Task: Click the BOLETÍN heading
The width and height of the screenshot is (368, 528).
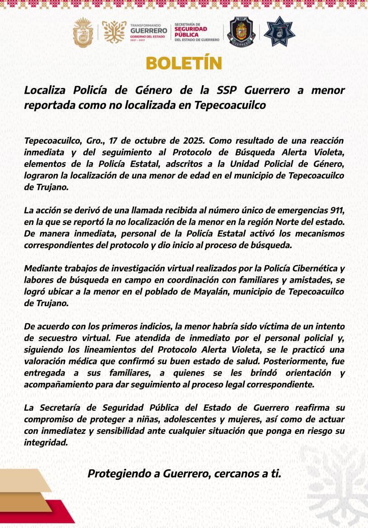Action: click(184, 63)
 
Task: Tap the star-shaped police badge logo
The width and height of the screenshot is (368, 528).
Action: click(279, 32)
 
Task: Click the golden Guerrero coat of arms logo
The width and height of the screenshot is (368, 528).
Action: click(83, 32)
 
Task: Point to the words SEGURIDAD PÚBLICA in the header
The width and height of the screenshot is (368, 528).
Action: click(191, 32)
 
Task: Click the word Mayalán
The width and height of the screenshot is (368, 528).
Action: click(203, 292)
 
